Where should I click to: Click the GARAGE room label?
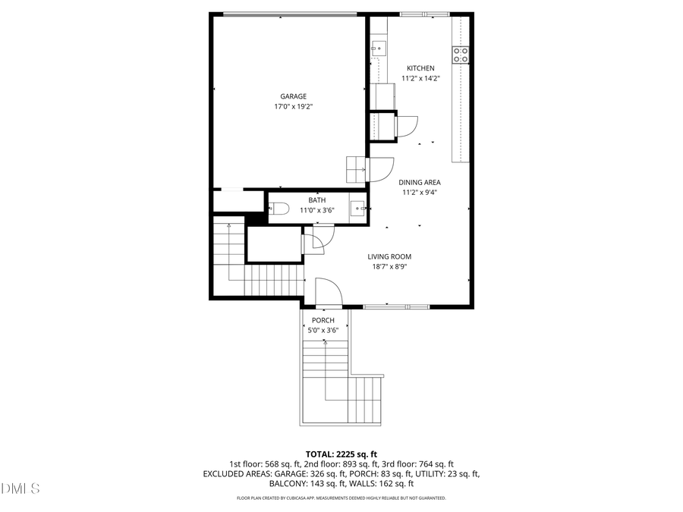coord(293,96)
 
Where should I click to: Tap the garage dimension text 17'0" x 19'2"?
coord(293,107)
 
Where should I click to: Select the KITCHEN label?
coord(420,68)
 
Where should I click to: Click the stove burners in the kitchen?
coord(461,54)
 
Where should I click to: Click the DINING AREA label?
coord(420,182)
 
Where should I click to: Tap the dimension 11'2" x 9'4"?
coord(420,193)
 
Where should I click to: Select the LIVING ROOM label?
coord(389,256)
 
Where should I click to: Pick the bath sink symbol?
coord(358,206)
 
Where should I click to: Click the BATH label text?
coord(295,200)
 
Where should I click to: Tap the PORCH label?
coord(323,320)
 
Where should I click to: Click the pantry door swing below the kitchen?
coord(407,125)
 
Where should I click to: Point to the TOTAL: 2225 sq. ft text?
coord(341,454)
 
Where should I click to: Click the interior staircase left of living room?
coord(250,265)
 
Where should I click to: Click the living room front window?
coord(395,306)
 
